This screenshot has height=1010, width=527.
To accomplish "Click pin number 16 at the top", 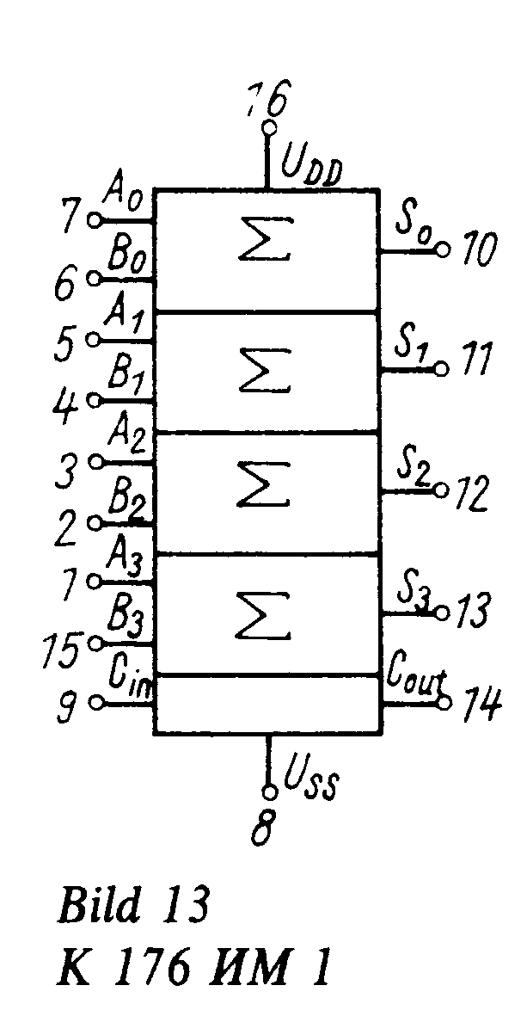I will coord(266,101).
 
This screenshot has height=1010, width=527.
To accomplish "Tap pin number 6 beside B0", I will coord(65,285).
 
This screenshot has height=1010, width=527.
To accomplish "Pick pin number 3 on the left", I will coord(69,470).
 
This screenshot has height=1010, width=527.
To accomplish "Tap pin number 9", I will coord(67,706).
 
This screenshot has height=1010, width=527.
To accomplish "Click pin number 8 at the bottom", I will coord(264,828).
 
